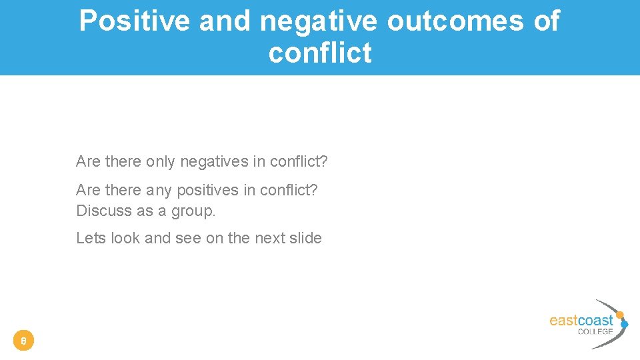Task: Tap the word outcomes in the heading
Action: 455,22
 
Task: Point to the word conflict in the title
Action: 320,53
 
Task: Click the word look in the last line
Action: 125,238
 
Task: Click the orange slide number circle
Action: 23,341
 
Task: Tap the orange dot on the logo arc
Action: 620,315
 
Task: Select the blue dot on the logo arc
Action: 625,325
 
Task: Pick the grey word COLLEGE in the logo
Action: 595,331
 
